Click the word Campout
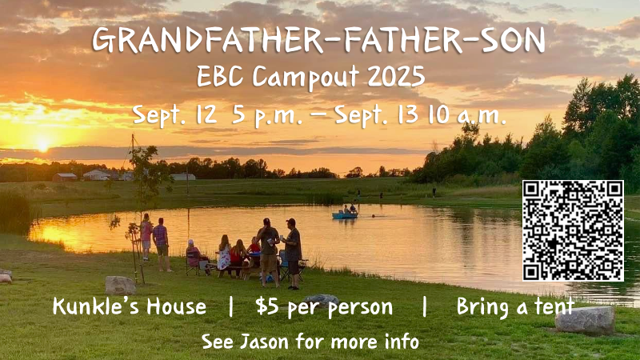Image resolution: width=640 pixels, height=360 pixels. (306, 77)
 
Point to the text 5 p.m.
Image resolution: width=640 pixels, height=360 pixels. (267, 115)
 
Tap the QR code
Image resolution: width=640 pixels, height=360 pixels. (573, 230)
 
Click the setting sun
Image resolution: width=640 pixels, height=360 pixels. (42, 144)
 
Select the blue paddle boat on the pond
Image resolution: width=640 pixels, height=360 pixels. (345, 214)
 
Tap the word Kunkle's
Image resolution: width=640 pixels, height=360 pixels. (97, 306)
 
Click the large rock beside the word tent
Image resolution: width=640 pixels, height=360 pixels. (585, 321)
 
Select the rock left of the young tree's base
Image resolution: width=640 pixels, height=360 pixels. (121, 286)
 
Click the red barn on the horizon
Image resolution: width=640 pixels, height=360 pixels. (65, 177)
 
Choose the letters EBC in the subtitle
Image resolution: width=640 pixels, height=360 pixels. (219, 76)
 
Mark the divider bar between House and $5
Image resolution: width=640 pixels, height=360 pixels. (231, 307)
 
